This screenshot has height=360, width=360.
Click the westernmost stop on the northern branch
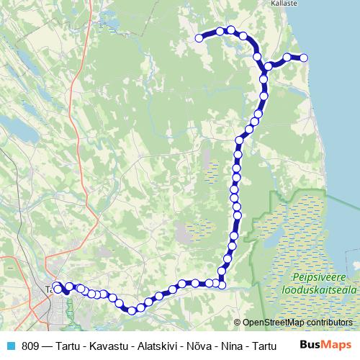[x=199, y=39]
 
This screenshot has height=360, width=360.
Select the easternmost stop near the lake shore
[x=304, y=58]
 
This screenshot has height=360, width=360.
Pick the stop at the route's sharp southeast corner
[x=222, y=285]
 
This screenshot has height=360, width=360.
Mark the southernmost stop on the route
[x=132, y=310]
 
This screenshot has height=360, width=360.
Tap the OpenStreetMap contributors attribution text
[x=297, y=323]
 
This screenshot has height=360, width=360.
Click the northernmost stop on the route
[x=230, y=30]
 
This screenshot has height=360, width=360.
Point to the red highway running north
[x=72, y=108]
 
